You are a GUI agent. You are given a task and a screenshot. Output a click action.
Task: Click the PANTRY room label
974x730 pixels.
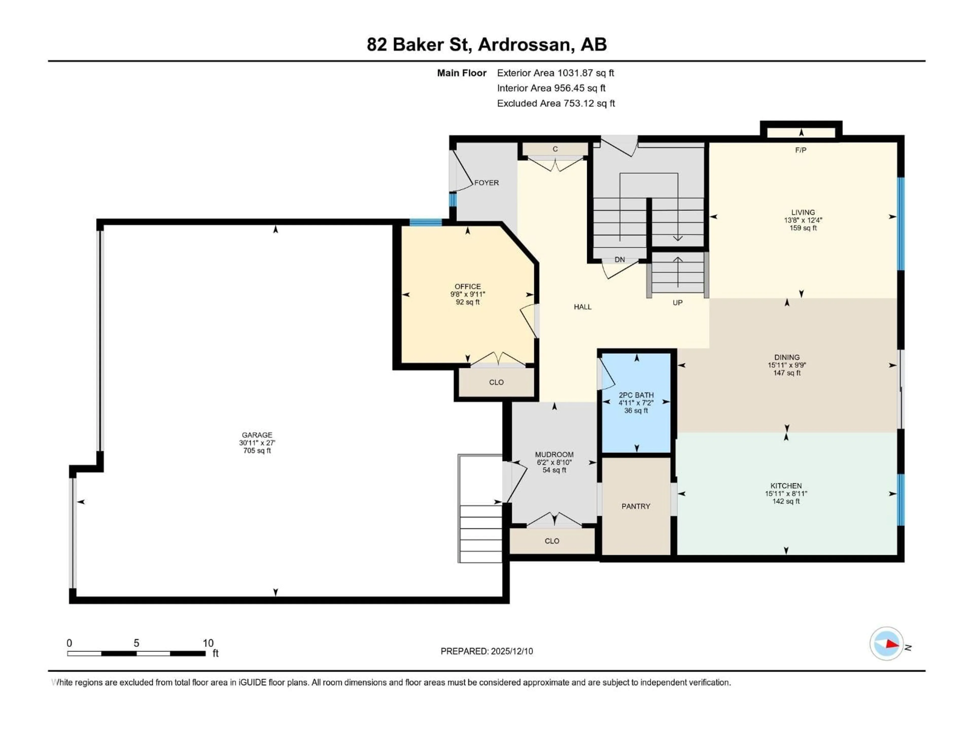click(635, 506)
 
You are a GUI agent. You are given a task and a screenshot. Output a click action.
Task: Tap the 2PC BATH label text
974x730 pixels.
click(636, 395)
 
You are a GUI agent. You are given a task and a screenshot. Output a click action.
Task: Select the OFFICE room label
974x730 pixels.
click(468, 286)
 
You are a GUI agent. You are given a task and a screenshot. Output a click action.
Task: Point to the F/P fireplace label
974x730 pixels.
click(801, 150)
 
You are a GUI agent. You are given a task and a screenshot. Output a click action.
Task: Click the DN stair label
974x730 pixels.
click(620, 260)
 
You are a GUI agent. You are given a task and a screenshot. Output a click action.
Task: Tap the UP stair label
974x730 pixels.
click(677, 303)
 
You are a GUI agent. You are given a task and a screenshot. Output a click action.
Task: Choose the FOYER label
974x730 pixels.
click(486, 182)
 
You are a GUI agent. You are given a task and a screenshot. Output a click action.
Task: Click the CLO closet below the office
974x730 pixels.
click(496, 382)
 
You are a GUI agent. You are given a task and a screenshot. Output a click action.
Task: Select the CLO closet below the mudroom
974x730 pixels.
click(552, 541)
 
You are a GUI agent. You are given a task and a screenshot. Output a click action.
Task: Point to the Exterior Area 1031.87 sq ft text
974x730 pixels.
click(555, 73)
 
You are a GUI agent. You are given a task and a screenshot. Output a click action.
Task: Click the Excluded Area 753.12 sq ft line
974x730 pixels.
click(556, 103)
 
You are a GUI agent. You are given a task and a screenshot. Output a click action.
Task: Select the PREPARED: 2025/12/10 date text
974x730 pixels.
click(486, 651)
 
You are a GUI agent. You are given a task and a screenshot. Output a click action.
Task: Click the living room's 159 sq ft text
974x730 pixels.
click(803, 228)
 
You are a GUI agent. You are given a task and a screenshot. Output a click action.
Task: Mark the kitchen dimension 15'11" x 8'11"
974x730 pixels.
click(786, 494)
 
